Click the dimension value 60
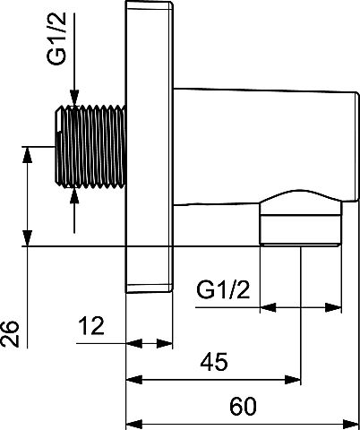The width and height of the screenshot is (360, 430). [x=243, y=406]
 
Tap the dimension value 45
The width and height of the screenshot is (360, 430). [x=214, y=362]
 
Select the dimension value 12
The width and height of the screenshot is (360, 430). [x=91, y=326]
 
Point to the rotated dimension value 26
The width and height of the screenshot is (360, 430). [x=10, y=334]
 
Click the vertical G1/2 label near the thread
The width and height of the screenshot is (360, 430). [x=56, y=39]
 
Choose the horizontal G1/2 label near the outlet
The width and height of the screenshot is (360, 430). [x=223, y=289]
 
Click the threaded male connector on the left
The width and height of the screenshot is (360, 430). [x=90, y=147]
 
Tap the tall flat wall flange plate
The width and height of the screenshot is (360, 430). [x=149, y=147]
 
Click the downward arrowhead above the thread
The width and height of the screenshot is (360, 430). [x=74, y=98]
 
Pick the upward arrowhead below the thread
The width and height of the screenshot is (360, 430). [x=74, y=196]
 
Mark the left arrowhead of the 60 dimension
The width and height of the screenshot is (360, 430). [x=133, y=425]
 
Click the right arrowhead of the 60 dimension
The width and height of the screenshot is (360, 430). [x=350, y=425]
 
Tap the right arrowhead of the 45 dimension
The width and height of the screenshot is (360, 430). [x=293, y=380]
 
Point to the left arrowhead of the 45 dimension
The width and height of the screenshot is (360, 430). [x=133, y=380]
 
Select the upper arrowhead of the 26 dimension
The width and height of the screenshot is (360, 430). [x=28, y=155]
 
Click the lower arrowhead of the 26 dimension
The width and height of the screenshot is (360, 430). [x=28, y=238]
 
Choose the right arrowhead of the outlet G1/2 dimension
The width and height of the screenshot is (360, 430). [x=333, y=307]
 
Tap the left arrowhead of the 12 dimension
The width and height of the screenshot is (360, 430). [x=133, y=343]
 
